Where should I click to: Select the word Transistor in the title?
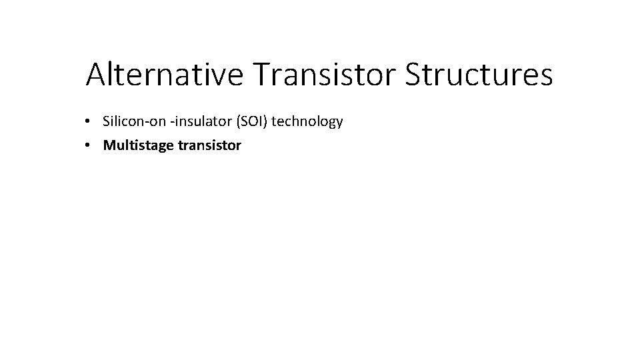[326, 75]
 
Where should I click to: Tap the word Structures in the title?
[479, 75]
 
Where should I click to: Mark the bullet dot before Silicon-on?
[88, 122]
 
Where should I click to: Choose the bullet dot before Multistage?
[88, 146]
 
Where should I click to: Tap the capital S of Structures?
[413, 75]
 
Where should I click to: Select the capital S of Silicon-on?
[107, 121]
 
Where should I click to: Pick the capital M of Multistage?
[109, 145]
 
